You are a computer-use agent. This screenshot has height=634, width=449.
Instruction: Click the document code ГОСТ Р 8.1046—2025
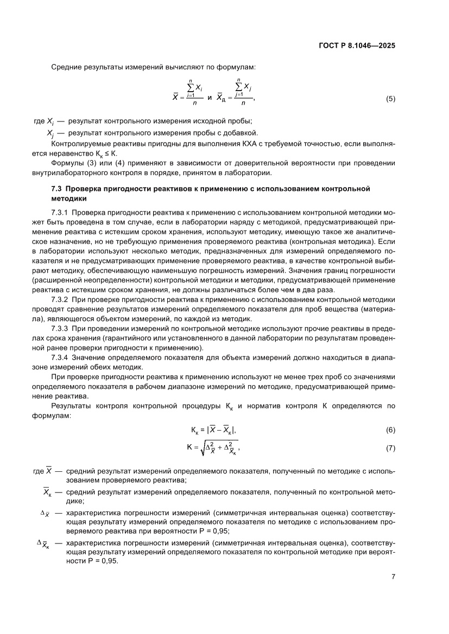tap(356, 46)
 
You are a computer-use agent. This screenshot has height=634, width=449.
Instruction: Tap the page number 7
tap(393, 577)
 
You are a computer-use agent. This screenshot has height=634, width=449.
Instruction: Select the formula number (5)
tap(390, 99)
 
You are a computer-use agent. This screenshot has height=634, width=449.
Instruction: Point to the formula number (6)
tap(390, 430)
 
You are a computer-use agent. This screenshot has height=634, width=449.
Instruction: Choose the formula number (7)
tap(390, 449)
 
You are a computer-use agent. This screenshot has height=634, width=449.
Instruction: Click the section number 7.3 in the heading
tap(56, 189)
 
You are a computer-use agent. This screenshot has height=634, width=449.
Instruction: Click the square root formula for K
tap(213, 448)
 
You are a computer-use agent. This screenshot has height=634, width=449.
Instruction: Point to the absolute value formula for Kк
tap(213, 430)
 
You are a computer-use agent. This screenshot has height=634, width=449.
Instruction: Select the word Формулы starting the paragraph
tap(66, 163)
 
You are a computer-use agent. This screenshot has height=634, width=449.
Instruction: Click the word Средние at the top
tap(66, 67)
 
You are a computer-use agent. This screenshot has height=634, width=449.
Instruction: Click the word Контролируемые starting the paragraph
tap(78, 144)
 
